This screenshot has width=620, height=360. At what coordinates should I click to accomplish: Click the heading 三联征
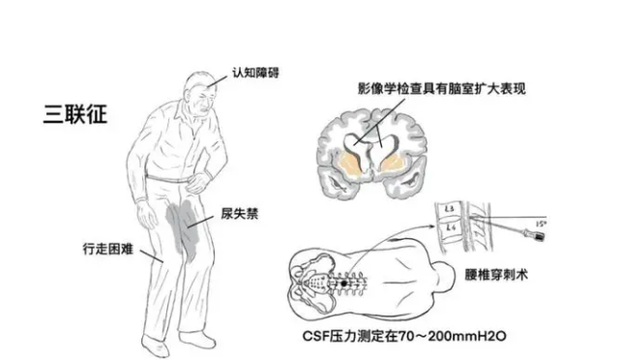click(x=75, y=115)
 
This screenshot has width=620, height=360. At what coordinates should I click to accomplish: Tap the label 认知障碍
click(x=255, y=73)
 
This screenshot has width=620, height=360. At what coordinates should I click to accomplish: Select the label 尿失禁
click(x=240, y=214)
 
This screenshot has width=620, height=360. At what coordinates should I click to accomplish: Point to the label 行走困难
click(x=108, y=249)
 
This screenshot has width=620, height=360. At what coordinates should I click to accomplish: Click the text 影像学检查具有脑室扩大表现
click(x=442, y=88)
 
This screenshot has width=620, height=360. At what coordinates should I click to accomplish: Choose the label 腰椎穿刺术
click(x=496, y=274)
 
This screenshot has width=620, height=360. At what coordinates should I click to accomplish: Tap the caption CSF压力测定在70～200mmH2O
click(x=404, y=336)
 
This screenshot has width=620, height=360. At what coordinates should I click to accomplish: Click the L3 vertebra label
click(x=450, y=208)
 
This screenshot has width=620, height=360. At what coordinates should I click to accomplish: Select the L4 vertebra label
click(x=451, y=227)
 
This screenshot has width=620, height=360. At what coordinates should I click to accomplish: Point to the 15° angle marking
click(x=541, y=225)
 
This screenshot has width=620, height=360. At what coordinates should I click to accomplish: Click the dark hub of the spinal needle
click(x=539, y=236)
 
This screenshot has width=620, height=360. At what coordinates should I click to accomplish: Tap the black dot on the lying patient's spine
click(x=344, y=284)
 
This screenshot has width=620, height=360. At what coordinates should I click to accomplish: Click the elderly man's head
click(x=200, y=93)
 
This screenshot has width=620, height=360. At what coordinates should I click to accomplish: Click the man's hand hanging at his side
click(x=145, y=217)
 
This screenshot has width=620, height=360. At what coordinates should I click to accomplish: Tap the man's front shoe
click(x=197, y=340)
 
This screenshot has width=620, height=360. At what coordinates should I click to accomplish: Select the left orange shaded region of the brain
click(x=349, y=165)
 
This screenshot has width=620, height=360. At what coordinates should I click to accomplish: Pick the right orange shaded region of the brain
click(x=393, y=165)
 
